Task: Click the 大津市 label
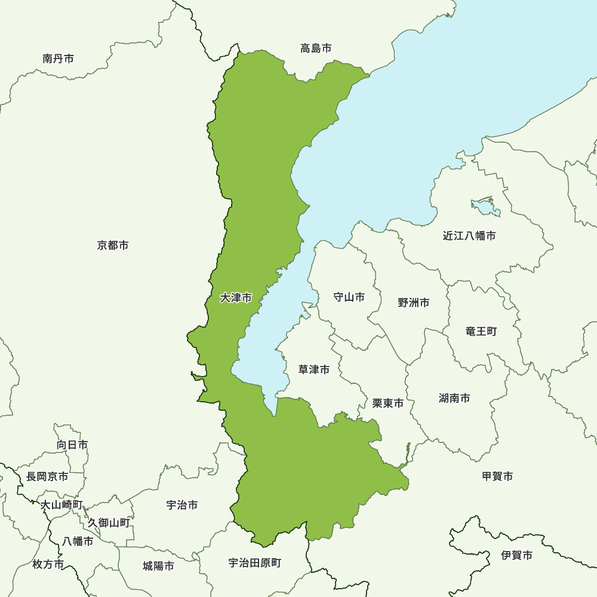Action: pos(236,297)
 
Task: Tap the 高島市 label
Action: pos(316,48)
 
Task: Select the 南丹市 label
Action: pos(59,59)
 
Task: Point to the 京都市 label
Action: pos(113,245)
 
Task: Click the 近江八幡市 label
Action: pos(469,236)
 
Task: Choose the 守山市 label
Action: pos(349,297)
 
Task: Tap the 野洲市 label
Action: pos(414,303)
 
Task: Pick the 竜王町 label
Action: pos(481,331)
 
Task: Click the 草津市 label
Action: pos(314,370)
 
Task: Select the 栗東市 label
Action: pos(388,404)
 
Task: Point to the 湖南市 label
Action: pos(454,398)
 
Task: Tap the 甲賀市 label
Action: pos(497,476)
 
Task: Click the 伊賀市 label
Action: pos(517,555)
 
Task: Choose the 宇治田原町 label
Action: pos(255,563)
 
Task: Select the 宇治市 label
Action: pos(182,505)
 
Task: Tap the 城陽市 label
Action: pos(159,566)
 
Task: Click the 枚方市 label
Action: pos(48,564)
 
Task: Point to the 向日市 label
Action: pos(72,445)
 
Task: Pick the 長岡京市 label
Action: pos(47,477)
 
